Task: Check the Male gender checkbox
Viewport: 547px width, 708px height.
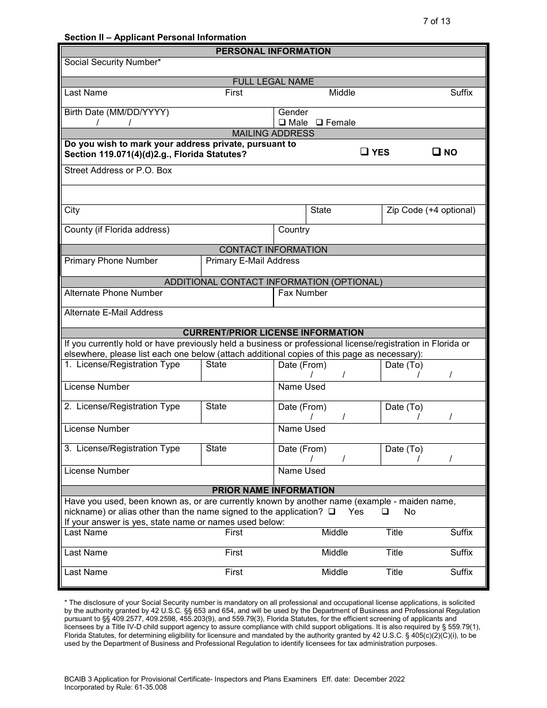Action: (282, 123)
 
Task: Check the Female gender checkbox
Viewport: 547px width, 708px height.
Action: (320, 123)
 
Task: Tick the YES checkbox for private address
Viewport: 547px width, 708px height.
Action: (364, 152)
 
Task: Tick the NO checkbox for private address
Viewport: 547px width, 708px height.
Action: (436, 152)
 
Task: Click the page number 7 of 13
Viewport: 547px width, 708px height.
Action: (436, 21)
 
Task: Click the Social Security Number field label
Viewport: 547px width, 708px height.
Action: (112, 62)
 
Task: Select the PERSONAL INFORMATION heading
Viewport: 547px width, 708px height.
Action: (273, 51)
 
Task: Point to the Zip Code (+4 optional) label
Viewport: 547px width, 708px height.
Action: (431, 210)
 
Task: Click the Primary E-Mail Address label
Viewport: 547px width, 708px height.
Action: (252, 261)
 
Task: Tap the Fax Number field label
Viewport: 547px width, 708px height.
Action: (302, 293)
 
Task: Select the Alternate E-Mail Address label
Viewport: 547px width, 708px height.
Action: (113, 313)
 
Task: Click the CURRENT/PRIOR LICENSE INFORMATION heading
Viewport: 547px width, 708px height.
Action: (273, 333)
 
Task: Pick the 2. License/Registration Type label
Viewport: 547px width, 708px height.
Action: (122, 406)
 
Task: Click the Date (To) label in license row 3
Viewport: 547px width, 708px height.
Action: (404, 449)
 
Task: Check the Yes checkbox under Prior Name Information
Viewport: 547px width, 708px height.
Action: (332, 512)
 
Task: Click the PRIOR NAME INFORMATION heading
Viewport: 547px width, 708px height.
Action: (273, 490)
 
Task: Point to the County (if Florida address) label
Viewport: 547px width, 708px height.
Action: (117, 230)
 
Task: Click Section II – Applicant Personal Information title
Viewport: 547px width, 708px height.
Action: (155, 37)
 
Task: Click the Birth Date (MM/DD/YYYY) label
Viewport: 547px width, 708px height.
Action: (117, 112)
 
